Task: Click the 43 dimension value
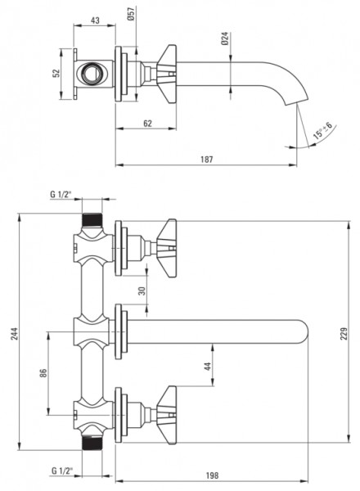pyautogui.click(x=95, y=20)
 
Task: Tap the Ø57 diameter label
pyautogui.click(x=131, y=13)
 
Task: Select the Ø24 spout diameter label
pyautogui.click(x=225, y=38)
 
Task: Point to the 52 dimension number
pyautogui.click(x=56, y=74)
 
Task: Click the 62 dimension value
pyautogui.click(x=148, y=124)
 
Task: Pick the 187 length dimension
pyautogui.click(x=207, y=160)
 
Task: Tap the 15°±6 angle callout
pyautogui.click(x=322, y=131)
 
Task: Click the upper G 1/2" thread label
pyautogui.click(x=61, y=195)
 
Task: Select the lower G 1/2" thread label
pyautogui.click(x=62, y=471)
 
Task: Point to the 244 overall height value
pyautogui.click(x=16, y=333)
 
